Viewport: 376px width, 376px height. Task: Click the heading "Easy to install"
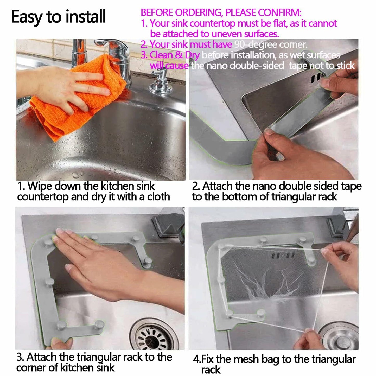pos(59,17)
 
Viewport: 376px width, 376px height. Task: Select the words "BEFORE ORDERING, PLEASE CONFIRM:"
pos(221,12)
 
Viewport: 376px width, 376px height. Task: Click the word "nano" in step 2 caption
pos(264,186)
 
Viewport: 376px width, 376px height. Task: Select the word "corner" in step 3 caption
pos(29,368)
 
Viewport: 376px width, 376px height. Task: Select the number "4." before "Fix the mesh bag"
pos(197,359)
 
